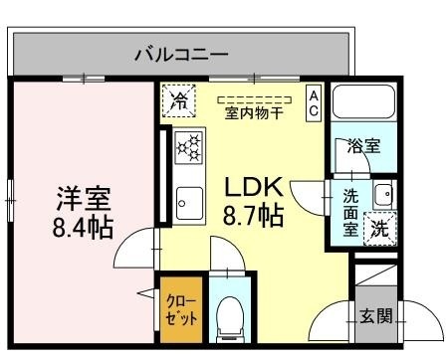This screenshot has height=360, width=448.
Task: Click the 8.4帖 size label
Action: (83, 226)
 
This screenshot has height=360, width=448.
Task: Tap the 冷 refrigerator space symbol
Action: (180, 99)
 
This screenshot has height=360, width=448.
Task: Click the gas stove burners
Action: (188, 148)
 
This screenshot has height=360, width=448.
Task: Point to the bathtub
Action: (364, 104)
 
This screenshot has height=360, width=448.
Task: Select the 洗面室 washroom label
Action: (351, 211)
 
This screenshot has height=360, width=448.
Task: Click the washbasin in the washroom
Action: (383, 194)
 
